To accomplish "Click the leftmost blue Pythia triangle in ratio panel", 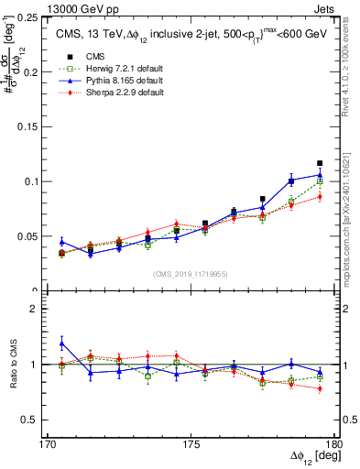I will (61, 344).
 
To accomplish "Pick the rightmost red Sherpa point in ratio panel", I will (320, 388).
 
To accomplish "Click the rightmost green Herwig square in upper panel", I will (320, 181).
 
